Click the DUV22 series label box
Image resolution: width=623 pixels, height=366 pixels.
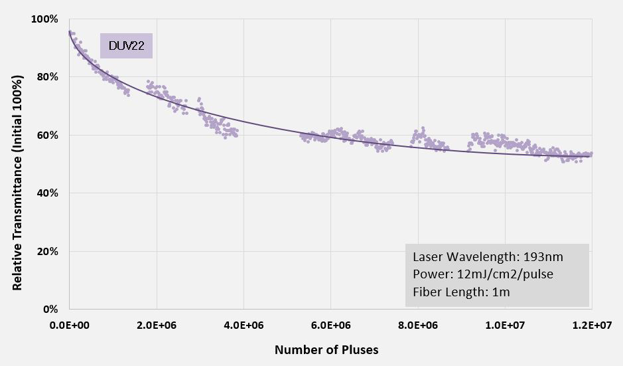[x=126, y=46]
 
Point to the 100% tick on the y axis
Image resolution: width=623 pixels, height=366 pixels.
[x=44, y=19]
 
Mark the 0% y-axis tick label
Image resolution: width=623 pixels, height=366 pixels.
[x=50, y=310]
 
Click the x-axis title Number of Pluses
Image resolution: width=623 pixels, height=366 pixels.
[x=326, y=349]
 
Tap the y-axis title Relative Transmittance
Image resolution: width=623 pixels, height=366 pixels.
[x=18, y=183]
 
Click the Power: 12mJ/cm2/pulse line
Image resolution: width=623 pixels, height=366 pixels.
[x=482, y=274]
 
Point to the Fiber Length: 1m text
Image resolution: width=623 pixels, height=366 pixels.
[x=460, y=292]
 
